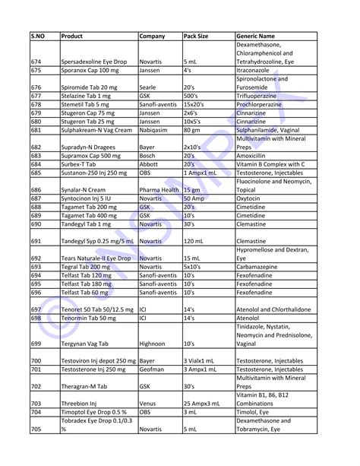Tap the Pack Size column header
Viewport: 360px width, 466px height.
[x=198, y=36]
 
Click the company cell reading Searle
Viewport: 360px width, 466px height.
[x=149, y=87]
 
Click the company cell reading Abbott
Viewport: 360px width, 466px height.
[x=150, y=163]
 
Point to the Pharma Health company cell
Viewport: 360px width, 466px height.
[x=159, y=190]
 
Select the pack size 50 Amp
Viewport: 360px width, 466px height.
[x=195, y=198]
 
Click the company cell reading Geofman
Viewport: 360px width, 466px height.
[x=153, y=369]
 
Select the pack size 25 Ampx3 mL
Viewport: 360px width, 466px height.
[x=206, y=404]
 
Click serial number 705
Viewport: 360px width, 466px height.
[x=36, y=430]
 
